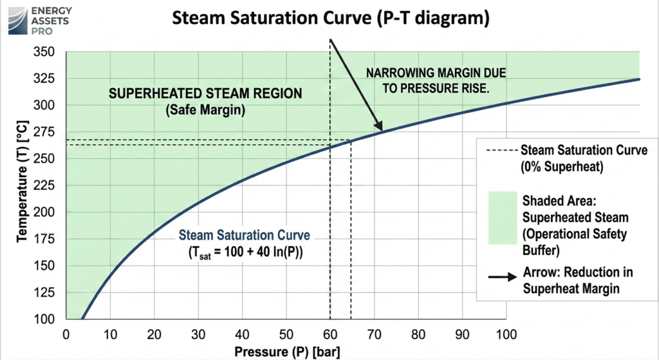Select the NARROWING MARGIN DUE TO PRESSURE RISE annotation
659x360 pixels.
tap(429, 81)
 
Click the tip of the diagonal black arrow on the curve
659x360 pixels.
tap(380, 131)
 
